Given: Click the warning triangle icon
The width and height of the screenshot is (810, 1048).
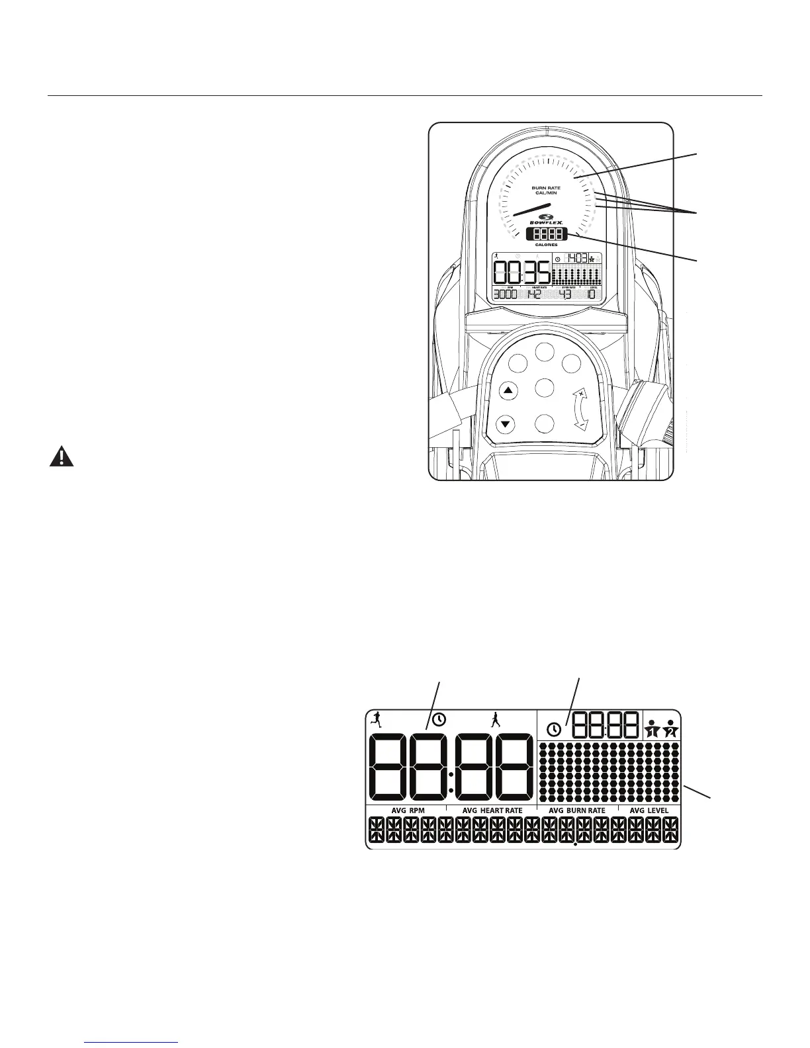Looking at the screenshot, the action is (x=62, y=457).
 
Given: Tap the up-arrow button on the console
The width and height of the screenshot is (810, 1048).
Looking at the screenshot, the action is (x=508, y=391).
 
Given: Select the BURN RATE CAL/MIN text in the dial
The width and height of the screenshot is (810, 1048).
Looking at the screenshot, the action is (x=547, y=190).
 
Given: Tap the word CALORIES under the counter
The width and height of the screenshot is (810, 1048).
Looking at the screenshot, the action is (x=547, y=245).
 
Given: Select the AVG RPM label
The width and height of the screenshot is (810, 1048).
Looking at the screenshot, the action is (x=407, y=810).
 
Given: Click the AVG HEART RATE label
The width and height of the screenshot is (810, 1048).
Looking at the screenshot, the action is (x=492, y=810).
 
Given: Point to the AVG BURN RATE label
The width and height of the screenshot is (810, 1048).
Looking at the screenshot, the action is (x=577, y=810).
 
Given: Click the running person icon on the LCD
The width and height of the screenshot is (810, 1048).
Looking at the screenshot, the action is (x=376, y=719).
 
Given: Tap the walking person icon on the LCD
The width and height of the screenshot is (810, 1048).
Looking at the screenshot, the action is (x=495, y=720).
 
